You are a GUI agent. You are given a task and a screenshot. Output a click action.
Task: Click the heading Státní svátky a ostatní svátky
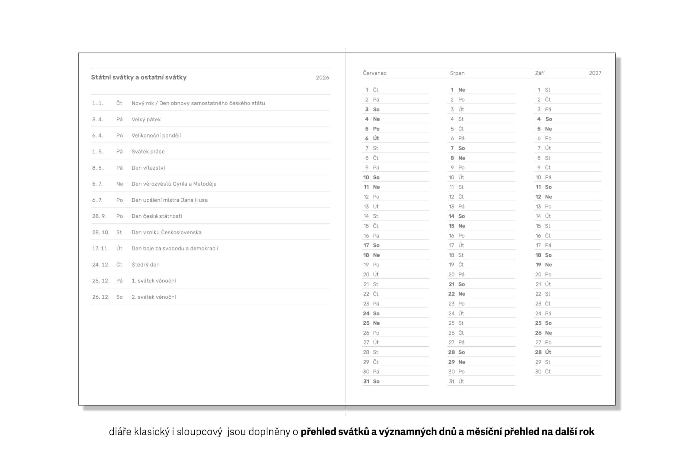[x=139, y=77]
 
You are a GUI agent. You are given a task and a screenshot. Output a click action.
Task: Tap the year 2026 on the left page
[x=322, y=77]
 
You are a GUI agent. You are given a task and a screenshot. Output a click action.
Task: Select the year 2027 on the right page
[x=595, y=73]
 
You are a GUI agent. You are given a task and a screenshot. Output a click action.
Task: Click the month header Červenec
[x=374, y=73]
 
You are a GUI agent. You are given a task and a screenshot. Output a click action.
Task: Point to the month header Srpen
[x=457, y=73]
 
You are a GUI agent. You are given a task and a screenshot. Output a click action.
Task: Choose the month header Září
[x=539, y=73]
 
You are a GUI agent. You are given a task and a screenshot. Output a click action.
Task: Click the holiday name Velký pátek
[x=146, y=119]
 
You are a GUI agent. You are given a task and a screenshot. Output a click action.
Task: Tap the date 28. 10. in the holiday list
[x=101, y=232]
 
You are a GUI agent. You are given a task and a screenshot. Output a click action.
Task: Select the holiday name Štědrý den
[x=145, y=265]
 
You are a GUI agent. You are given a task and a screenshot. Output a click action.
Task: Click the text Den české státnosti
[x=157, y=216]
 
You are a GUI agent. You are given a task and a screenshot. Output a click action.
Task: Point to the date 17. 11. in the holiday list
[x=100, y=248]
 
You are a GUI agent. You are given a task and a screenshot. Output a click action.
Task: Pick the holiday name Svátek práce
[x=148, y=151]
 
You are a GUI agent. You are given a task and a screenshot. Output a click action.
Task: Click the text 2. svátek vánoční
[x=154, y=297]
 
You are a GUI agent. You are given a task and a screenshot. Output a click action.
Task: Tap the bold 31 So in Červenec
[x=371, y=381]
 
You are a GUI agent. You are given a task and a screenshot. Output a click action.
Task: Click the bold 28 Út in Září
[x=543, y=352]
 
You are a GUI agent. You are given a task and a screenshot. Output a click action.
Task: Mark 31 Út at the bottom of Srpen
[x=456, y=381]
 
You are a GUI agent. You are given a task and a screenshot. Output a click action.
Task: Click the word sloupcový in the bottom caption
[x=199, y=432]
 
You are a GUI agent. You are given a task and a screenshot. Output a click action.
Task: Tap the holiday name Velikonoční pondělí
[x=156, y=135]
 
